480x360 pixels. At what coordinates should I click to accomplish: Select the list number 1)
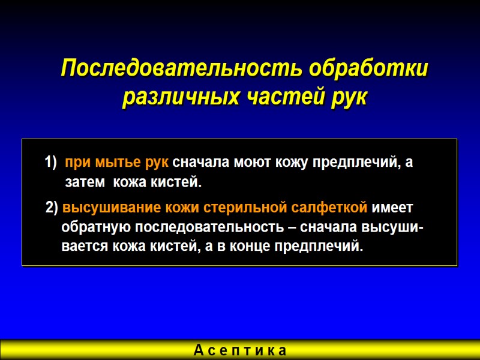[x=50, y=163]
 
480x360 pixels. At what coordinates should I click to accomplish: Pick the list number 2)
[x=52, y=208]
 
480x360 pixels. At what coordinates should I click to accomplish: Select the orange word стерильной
[x=239, y=208]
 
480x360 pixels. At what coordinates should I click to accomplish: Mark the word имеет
[x=393, y=208]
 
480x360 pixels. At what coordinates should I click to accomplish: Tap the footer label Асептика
[x=240, y=350]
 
